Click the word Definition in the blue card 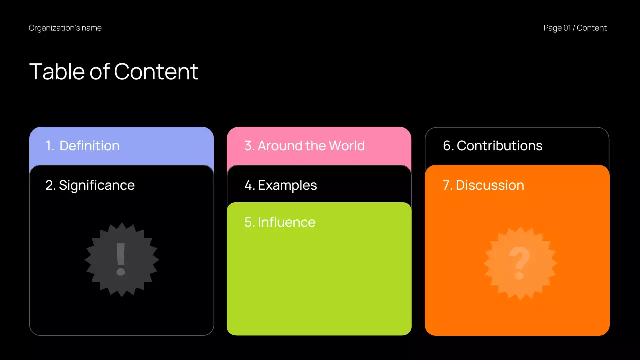[89, 146]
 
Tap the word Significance [97, 185]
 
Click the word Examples [287, 185]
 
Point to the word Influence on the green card [286, 222]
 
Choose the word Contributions [499, 146]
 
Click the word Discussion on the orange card [490, 185]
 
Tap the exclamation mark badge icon [121, 260]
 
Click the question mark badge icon [520, 263]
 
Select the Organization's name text [65, 28]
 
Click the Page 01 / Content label [575, 28]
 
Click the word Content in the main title [156, 71]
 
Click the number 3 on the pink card [248, 146]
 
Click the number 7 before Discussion [447, 185]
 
